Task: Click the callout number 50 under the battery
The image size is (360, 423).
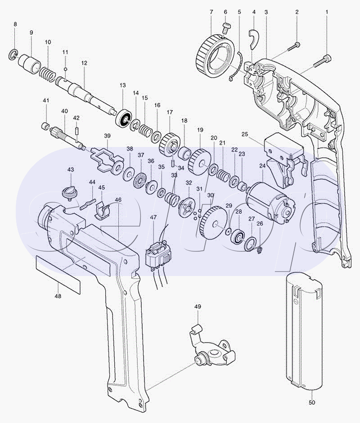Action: tap(312, 402)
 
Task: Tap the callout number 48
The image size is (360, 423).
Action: tap(58, 296)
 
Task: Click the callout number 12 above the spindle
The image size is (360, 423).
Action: tap(84, 63)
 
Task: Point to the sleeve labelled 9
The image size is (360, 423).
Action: tap(29, 64)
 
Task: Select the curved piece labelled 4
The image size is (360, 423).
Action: tap(254, 39)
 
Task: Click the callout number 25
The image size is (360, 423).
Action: tap(245, 134)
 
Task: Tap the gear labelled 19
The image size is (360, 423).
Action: tap(200, 161)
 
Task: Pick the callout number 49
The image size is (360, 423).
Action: tap(198, 307)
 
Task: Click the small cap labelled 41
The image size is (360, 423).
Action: tap(45, 126)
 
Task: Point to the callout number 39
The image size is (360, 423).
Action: tap(107, 136)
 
